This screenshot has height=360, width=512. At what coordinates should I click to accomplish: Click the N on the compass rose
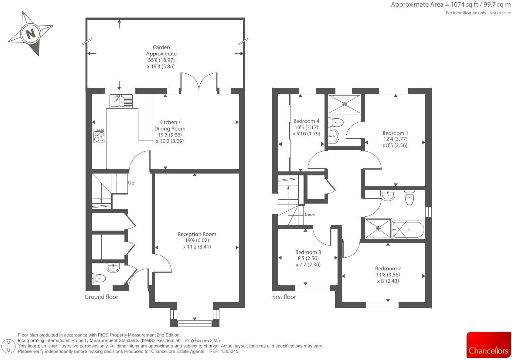point(30,34)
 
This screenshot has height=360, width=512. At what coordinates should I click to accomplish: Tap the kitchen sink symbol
point(121,101)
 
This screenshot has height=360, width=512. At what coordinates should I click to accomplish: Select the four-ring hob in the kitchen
point(99,135)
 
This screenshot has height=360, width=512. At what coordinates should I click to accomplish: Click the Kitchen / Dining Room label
point(170,125)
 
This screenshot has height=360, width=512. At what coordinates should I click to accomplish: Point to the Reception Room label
point(197,234)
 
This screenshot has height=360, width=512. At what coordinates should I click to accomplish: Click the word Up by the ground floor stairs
point(131,183)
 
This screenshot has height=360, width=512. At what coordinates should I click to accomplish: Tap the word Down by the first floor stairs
point(309,215)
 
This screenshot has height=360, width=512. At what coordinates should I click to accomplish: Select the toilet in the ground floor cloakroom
point(99,278)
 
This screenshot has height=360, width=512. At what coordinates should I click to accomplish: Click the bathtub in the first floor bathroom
point(408,229)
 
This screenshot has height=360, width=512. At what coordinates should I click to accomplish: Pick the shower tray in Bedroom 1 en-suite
point(344,104)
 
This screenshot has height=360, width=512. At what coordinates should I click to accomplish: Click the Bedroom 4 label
point(306,121)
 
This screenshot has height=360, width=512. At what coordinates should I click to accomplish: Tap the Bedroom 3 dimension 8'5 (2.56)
point(308,258)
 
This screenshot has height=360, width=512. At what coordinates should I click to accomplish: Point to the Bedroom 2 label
point(388,269)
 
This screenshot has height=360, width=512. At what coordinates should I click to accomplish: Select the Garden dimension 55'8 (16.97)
point(161,60)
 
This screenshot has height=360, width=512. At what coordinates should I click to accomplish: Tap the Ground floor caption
point(101,297)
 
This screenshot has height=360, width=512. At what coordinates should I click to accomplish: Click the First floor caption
point(283,297)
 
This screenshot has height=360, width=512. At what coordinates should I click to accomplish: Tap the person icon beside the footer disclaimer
point(9,346)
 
